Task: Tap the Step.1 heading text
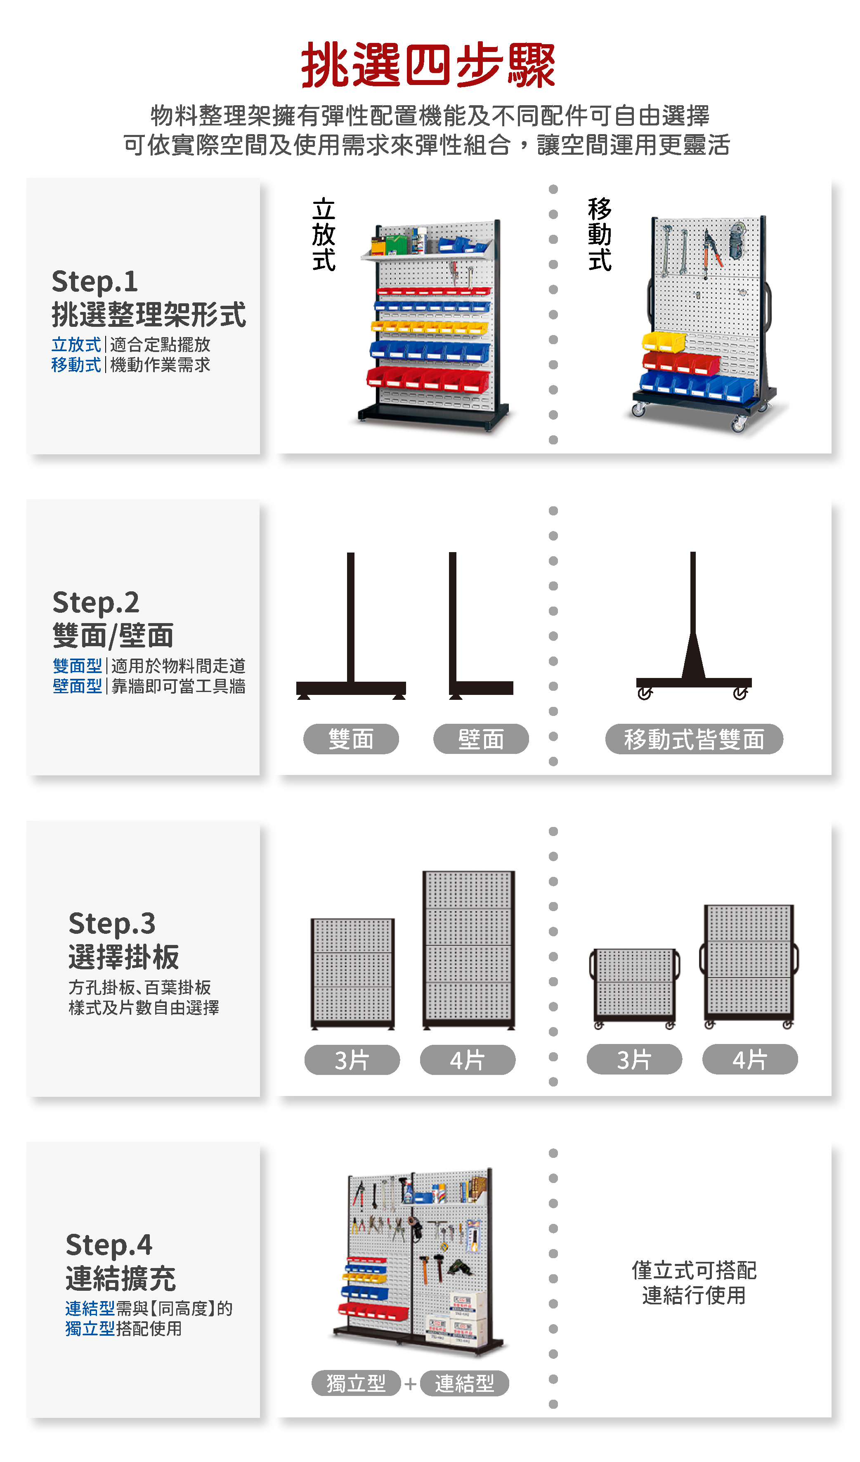[x=95, y=282]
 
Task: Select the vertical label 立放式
[x=324, y=234]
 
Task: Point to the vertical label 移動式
[x=600, y=234]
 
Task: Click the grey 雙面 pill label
[x=351, y=739]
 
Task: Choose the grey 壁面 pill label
[x=481, y=739]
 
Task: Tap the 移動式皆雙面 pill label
[x=694, y=739]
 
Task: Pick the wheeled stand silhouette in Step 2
[x=693, y=626]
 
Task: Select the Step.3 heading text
[x=112, y=923]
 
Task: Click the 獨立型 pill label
[x=356, y=1383]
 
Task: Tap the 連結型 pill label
[x=465, y=1383]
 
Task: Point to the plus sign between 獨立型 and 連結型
[x=410, y=1384]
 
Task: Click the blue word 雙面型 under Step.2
[x=77, y=666]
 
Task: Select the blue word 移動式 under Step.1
[x=76, y=365]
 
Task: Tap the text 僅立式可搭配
[x=694, y=1270]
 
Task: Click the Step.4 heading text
[x=109, y=1245]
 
